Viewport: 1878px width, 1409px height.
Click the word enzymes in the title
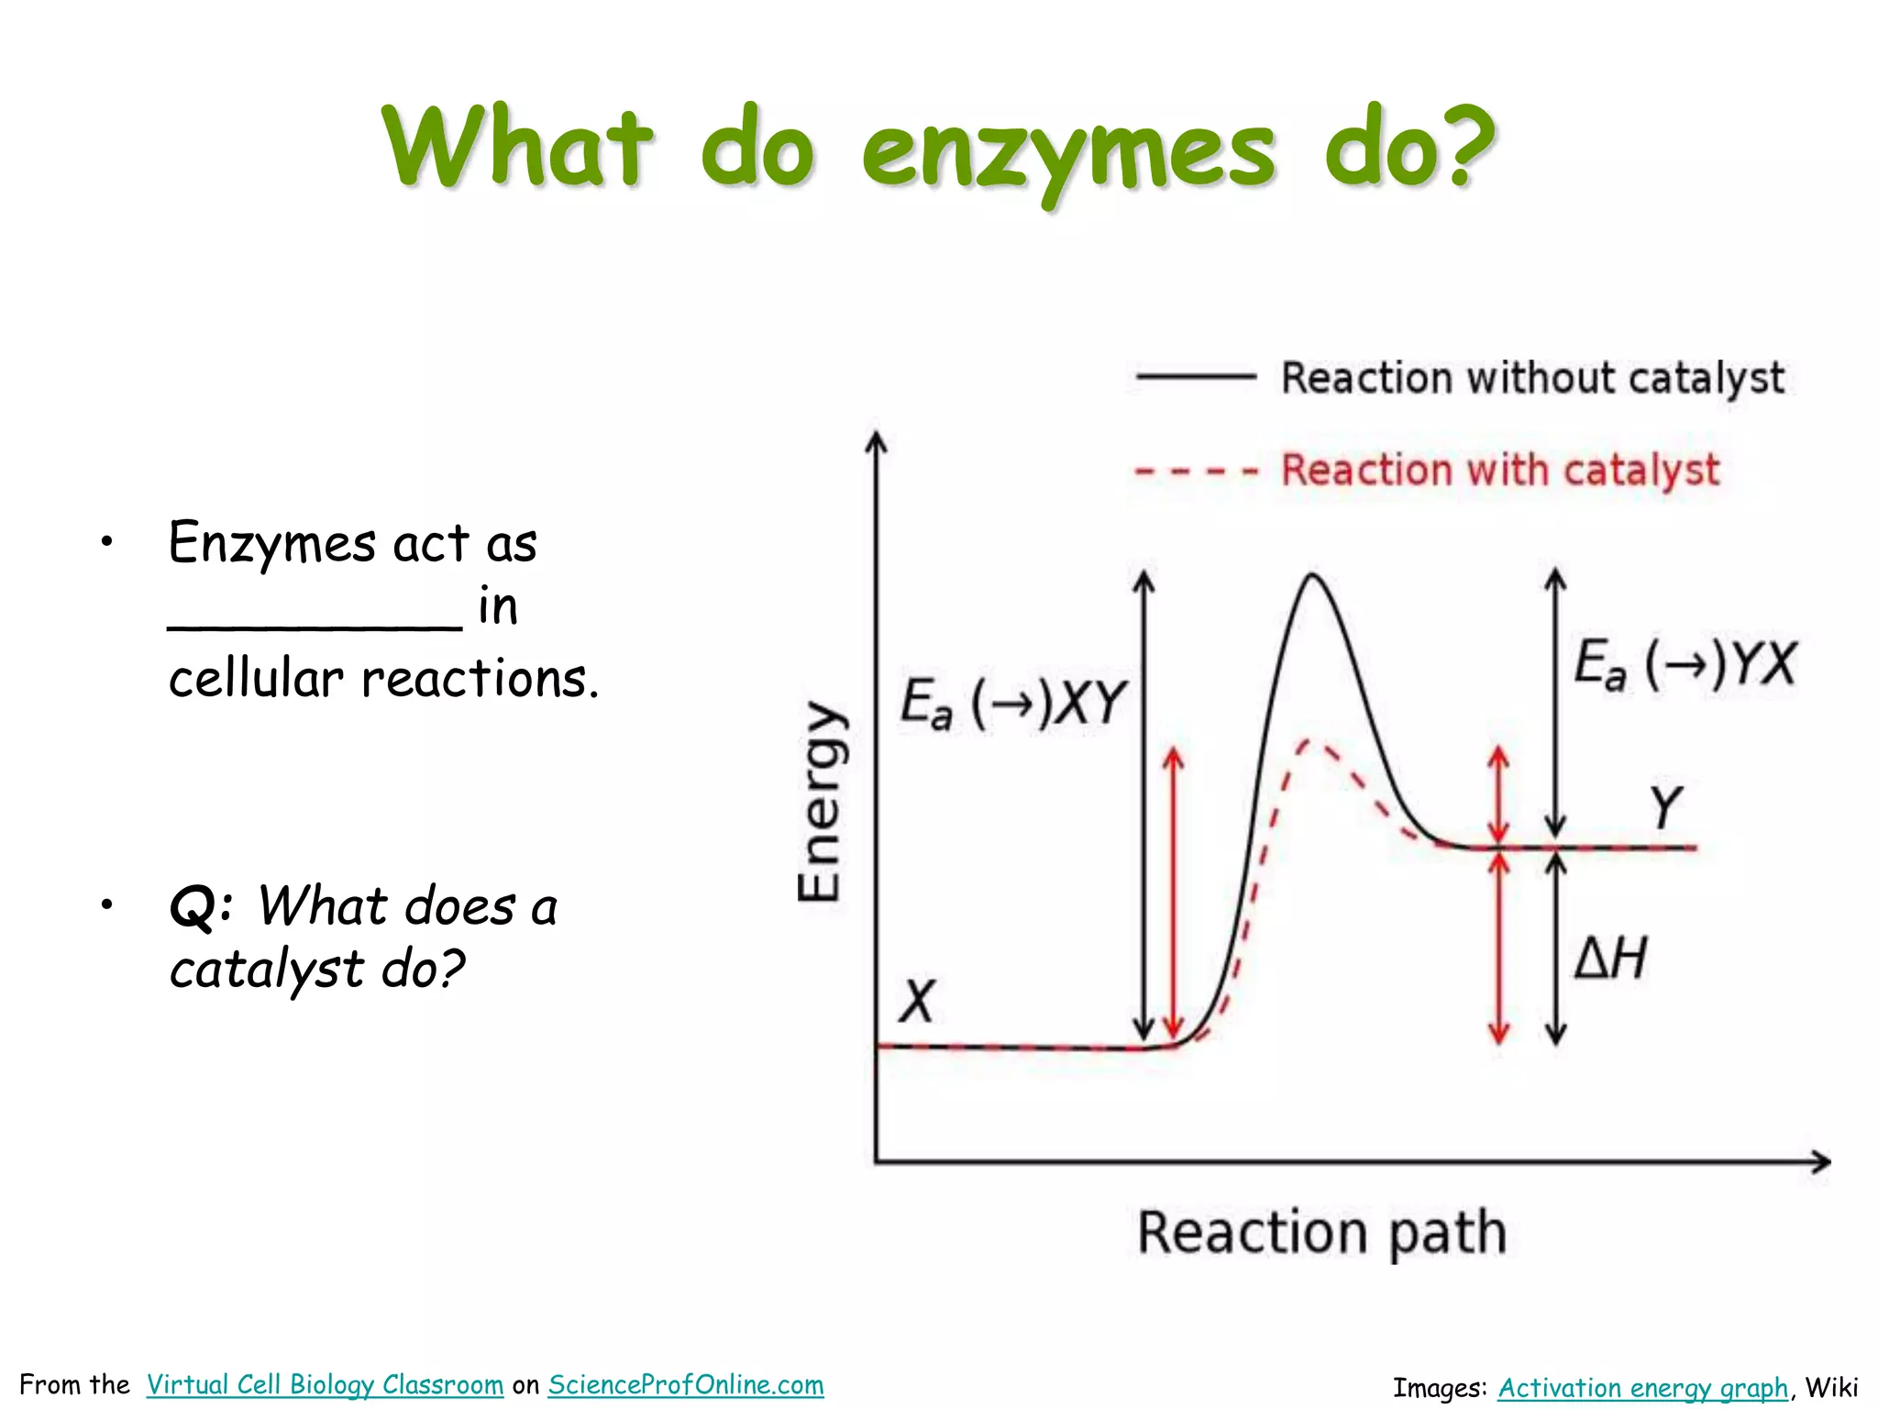click(1067, 151)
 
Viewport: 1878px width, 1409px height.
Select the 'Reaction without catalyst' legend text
click(1532, 378)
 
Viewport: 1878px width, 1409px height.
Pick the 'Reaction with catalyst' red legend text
click(1499, 471)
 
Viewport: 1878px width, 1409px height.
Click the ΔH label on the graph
click(1610, 958)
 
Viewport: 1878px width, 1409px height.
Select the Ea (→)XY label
click(1012, 704)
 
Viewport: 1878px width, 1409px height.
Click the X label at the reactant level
click(916, 1001)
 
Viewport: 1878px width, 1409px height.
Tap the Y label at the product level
click(1666, 807)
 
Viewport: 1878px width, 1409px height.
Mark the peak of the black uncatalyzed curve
click(1312, 575)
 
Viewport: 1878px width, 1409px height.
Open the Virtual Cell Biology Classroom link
click(325, 1384)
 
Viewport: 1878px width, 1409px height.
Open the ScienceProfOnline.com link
click(686, 1384)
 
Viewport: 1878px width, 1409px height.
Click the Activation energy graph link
click(1643, 1388)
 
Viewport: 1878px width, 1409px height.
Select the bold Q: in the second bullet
click(201, 906)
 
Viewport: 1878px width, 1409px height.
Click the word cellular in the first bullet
click(256, 679)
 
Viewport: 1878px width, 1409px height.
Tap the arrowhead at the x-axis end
click(1822, 1162)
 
